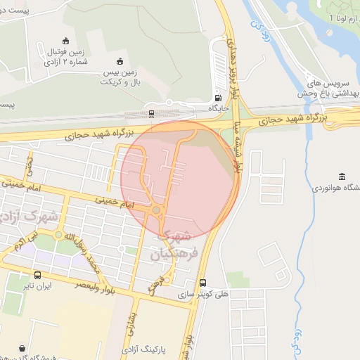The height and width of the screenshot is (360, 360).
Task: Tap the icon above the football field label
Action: pyautogui.click(x=66, y=40)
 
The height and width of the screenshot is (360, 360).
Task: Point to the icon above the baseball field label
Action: pyautogui.click(x=120, y=60)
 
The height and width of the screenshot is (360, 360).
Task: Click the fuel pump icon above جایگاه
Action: pyautogui.click(x=218, y=98)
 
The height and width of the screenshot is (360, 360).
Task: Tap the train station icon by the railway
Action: pyautogui.click(x=151, y=112)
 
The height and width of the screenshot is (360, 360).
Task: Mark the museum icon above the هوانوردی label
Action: pyautogui.click(x=342, y=176)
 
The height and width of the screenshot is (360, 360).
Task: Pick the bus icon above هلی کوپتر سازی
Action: pyautogui.click(x=202, y=283)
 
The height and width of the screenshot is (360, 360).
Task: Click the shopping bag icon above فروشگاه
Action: pyautogui.click(x=22, y=347)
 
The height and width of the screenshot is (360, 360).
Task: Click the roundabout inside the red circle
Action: pyautogui.click(x=156, y=210)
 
